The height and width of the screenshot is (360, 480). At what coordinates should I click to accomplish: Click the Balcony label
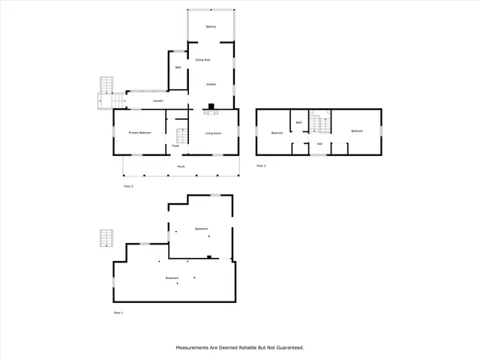[x=211, y=27]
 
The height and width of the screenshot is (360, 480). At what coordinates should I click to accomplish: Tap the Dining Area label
[x=202, y=59]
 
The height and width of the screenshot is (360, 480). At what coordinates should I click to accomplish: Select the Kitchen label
[x=211, y=85]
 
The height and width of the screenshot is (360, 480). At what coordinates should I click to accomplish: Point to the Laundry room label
[x=158, y=100]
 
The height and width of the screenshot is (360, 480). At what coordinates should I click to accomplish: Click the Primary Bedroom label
[x=139, y=133]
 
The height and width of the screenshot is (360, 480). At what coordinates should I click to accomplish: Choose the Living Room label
[x=213, y=133]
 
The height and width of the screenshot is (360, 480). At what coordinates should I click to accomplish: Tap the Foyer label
[x=175, y=145]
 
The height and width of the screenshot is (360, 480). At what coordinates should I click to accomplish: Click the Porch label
[x=181, y=166]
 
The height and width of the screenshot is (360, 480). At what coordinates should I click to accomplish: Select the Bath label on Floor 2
[x=178, y=67]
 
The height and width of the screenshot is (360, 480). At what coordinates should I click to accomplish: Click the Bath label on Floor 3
[x=298, y=122]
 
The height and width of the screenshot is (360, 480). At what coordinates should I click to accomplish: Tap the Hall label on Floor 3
[x=319, y=143]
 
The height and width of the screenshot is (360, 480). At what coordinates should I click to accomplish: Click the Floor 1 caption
[x=118, y=312]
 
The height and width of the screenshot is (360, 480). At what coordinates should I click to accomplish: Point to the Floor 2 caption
[x=128, y=185]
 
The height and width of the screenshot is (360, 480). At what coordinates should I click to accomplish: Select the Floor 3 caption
[x=261, y=165]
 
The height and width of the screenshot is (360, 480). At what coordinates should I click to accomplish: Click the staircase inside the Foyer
[x=180, y=136]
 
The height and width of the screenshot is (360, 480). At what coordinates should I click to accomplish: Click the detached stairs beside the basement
[x=105, y=238]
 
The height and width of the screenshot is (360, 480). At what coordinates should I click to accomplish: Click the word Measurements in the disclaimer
[x=195, y=348]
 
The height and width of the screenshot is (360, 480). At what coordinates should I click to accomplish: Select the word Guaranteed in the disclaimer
[x=287, y=348]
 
